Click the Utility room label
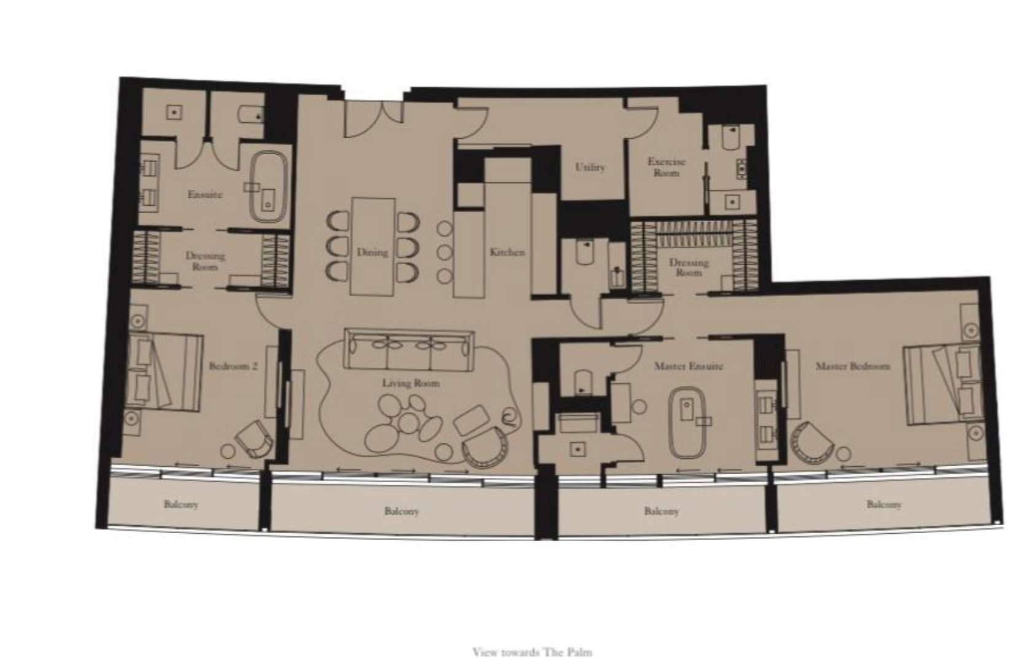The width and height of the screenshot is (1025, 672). click(x=590, y=167)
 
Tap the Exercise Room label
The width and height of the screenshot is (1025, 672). click(x=666, y=167)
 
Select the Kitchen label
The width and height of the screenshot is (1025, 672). click(x=507, y=252)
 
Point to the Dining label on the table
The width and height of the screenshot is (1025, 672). click(x=372, y=252)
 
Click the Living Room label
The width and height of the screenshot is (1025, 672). click(x=411, y=383)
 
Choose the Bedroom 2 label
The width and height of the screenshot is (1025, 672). click(x=233, y=366)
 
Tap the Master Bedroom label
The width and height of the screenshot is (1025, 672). click(x=852, y=366)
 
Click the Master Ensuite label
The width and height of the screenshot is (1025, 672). click(x=688, y=366)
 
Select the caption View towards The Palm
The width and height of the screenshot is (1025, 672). click(x=532, y=652)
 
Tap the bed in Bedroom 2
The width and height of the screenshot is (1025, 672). click(x=164, y=370)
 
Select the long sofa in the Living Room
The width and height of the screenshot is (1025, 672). click(x=409, y=348)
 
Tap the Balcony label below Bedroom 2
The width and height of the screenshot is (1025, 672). click(x=181, y=504)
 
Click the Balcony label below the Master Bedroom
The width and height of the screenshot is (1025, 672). click(x=884, y=504)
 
